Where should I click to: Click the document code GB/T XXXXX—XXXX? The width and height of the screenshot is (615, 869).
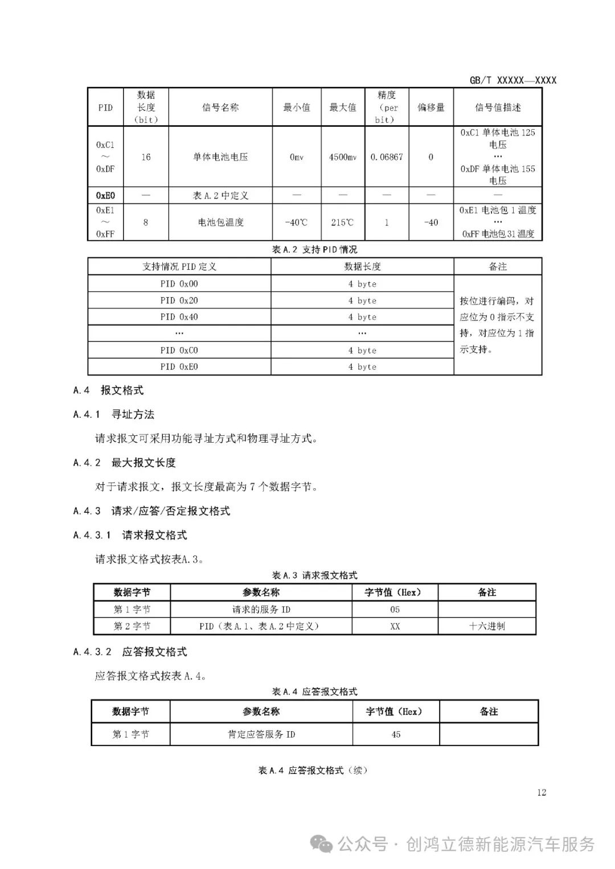click(x=512, y=80)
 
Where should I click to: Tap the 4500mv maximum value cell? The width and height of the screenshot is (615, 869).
click(x=343, y=157)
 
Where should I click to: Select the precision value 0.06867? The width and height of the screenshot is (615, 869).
click(x=387, y=157)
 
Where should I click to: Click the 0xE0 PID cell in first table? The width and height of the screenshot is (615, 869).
click(x=105, y=196)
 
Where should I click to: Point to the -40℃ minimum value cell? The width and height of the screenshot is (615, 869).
click(x=296, y=223)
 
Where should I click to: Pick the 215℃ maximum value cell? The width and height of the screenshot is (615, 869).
click(x=343, y=223)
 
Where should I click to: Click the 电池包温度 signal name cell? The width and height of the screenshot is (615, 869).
click(x=220, y=223)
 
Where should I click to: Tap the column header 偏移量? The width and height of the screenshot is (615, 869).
click(x=431, y=108)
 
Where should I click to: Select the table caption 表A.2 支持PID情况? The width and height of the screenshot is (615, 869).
click(x=315, y=250)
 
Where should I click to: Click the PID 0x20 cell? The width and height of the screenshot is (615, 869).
click(x=179, y=300)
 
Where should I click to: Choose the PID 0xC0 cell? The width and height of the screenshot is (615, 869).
click(x=179, y=351)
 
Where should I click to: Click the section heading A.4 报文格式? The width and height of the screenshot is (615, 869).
click(x=108, y=390)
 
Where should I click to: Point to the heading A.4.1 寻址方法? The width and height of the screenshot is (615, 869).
click(x=114, y=414)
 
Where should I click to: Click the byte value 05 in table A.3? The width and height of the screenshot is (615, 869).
click(x=395, y=609)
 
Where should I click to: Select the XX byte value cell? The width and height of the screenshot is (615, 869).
click(x=395, y=627)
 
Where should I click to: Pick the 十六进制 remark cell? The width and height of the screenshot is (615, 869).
click(x=487, y=627)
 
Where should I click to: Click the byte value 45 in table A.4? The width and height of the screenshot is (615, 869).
click(x=396, y=735)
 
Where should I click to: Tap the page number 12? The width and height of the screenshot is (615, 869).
click(x=542, y=793)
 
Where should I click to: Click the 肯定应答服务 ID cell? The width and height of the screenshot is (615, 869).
click(x=261, y=735)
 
